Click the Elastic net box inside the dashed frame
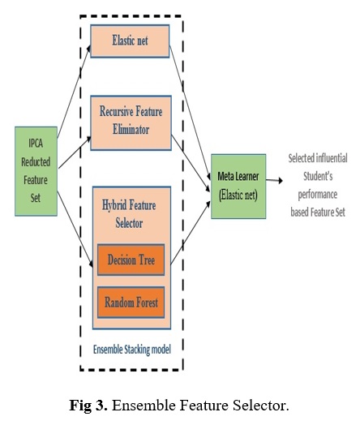(130, 41)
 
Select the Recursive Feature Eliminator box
(131, 122)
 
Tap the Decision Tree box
(131, 260)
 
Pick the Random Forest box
(131, 303)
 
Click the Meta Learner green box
(238, 187)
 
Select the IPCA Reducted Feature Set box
(36, 171)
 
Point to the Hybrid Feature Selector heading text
(129, 214)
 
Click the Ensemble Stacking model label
(132, 350)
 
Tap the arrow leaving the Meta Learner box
(274, 180)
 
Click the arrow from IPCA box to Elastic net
(74, 92)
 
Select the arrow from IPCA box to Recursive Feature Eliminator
(75, 152)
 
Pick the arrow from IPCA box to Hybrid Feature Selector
(75, 230)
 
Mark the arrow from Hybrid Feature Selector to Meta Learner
(191, 232)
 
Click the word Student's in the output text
(318, 176)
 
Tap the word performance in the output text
(318, 195)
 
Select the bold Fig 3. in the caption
(88, 406)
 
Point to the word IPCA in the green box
(36, 143)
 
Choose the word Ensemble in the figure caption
(144, 406)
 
